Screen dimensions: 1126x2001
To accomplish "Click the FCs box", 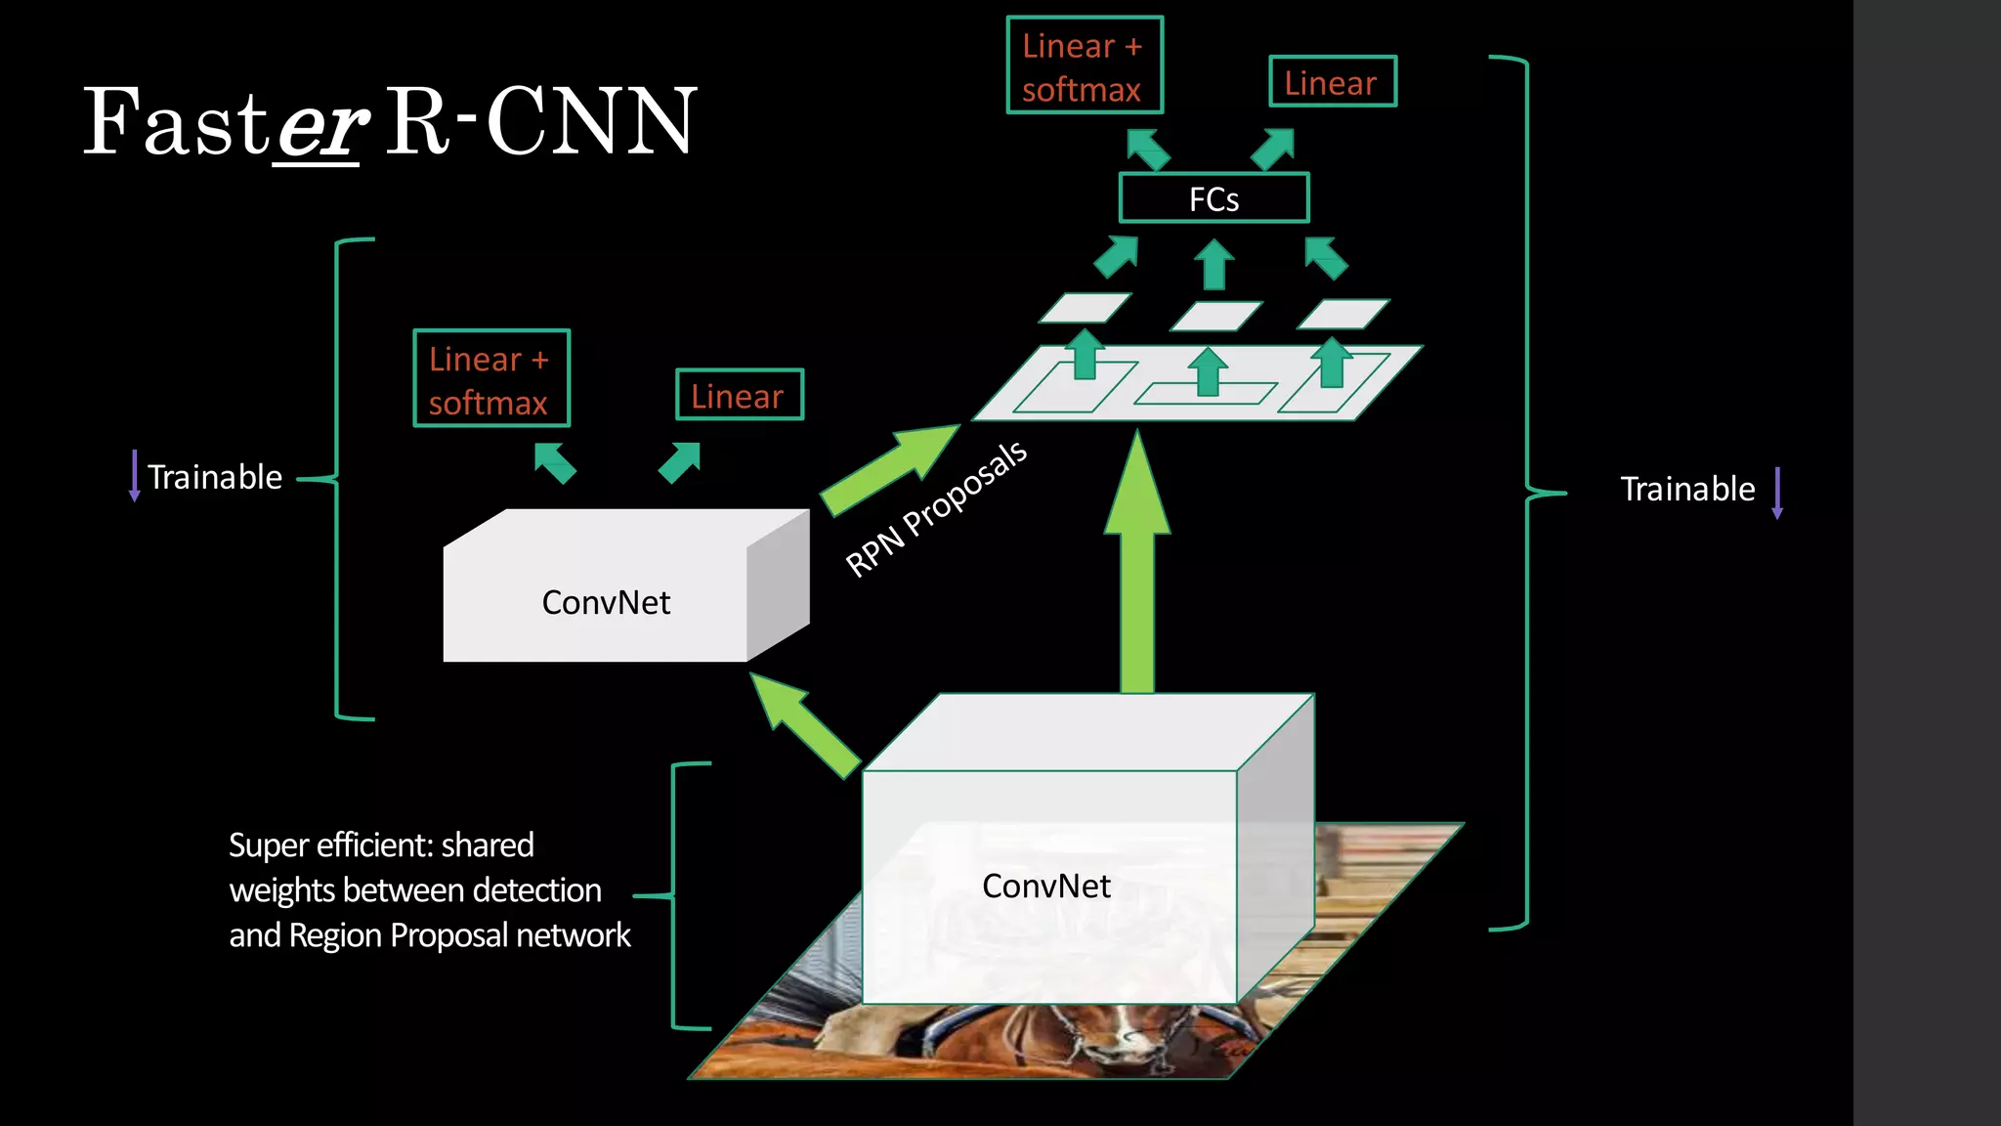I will pyautogui.click(x=1213, y=198).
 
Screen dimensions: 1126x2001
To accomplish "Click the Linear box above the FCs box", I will pyautogui.click(x=1332, y=82).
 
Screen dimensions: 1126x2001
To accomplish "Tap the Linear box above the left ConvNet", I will pyautogui.click(x=740, y=395).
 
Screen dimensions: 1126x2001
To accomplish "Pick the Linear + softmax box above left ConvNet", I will pyautogui.click(x=491, y=379).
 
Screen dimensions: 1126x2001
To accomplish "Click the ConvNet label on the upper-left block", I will pyautogui.click(x=606, y=602).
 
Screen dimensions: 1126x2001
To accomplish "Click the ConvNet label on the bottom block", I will pyautogui.click(x=1046, y=886).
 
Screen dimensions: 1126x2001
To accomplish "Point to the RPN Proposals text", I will pyautogui.click(x=936, y=509).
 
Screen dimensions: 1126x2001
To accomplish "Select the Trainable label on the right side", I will pyautogui.click(x=1687, y=489).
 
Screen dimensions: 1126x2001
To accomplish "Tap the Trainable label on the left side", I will pyautogui.click(x=215, y=477).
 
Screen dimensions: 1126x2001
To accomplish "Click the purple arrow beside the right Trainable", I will pyautogui.click(x=1777, y=493).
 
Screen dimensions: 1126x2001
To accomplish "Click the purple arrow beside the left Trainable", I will pyautogui.click(x=135, y=476).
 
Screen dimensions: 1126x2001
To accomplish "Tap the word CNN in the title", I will pyautogui.click(x=591, y=121).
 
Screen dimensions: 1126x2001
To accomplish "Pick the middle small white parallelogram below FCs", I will pyautogui.click(x=1215, y=316).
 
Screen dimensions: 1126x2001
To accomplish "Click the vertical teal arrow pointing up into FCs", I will pyautogui.click(x=1214, y=265).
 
